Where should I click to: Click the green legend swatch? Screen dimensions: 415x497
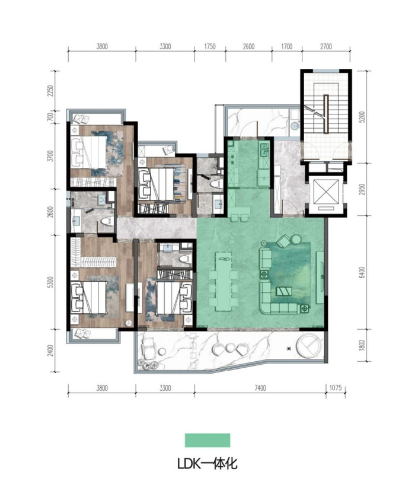[207, 440]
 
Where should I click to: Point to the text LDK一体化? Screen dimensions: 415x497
[207, 464]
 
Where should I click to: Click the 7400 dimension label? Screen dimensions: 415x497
[260, 388]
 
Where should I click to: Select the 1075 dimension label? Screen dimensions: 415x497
[336, 388]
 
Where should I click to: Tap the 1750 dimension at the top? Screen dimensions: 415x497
[210, 47]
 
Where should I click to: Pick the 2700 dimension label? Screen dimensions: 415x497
[326, 47]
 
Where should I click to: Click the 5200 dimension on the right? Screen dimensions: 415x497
[363, 117]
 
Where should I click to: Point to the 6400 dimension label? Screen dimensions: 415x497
[363, 273]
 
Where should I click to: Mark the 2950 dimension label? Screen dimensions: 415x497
[363, 189]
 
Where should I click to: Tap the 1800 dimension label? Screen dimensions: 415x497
[363, 345]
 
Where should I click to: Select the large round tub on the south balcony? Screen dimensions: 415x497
[309, 346]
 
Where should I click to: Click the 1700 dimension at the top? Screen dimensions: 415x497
[287, 47]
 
